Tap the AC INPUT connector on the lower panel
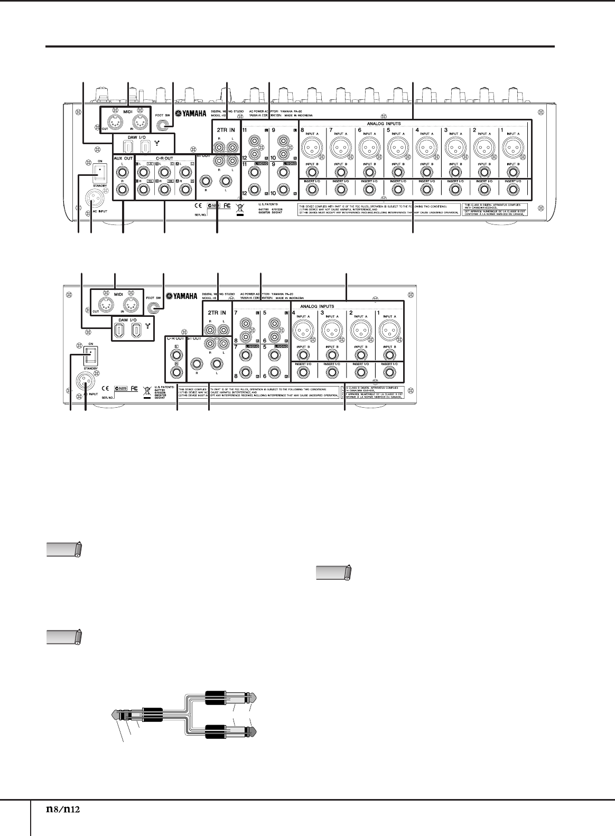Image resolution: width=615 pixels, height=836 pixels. tap(85, 380)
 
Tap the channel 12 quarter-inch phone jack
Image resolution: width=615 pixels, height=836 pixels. tap(255, 189)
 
